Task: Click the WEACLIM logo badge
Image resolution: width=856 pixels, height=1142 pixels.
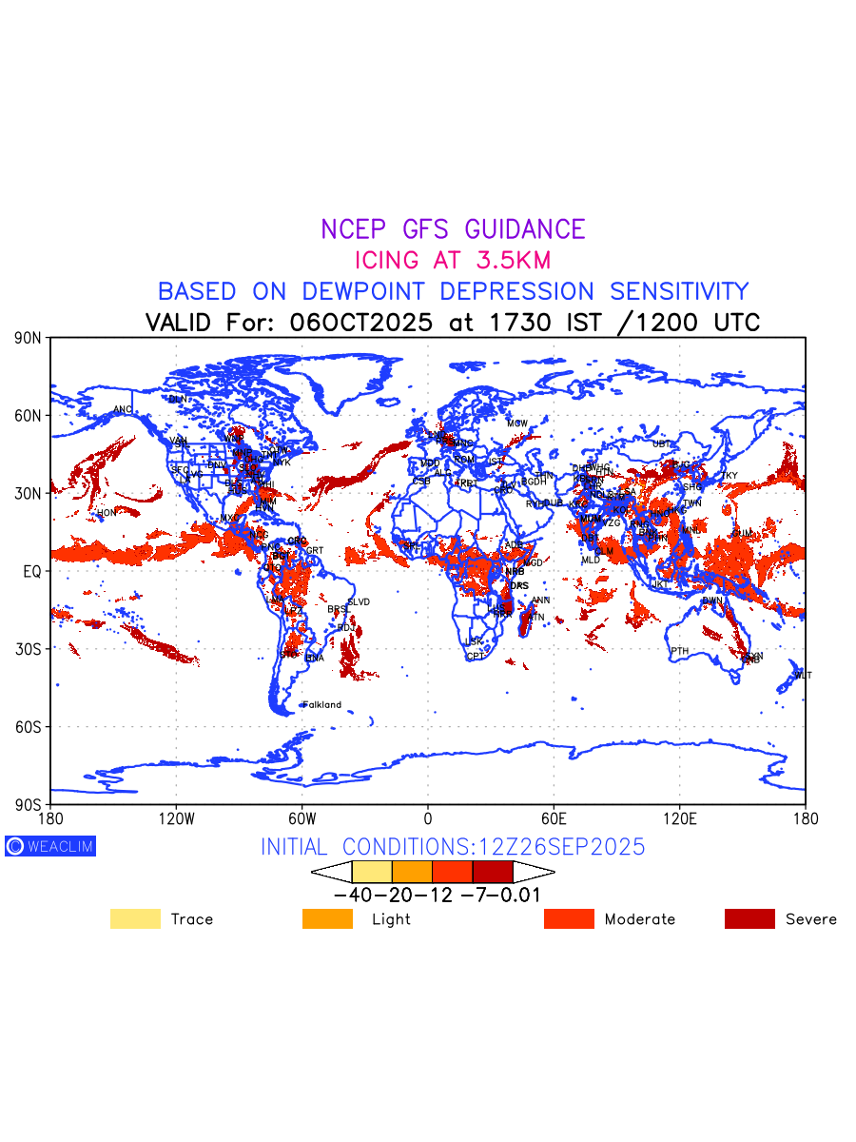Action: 50,846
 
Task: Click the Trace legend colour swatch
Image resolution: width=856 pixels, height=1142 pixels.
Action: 135,918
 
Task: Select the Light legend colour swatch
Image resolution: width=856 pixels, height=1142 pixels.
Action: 327,918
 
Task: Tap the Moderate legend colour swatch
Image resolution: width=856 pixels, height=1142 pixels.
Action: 569,918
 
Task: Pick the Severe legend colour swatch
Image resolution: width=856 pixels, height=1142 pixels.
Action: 749,918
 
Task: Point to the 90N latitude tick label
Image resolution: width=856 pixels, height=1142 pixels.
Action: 29,338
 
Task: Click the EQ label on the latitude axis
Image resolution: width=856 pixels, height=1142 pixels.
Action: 32,571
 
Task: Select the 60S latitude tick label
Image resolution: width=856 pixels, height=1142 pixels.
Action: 29,727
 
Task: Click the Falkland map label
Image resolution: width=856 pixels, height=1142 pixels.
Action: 321,705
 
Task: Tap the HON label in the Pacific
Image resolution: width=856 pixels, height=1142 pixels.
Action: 106,513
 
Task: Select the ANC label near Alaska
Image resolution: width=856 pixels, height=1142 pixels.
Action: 123,410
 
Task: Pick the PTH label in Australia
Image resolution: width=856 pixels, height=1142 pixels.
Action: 679,651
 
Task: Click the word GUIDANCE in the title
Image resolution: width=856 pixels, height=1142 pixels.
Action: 524,229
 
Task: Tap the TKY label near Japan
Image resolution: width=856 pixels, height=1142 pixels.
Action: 729,476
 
